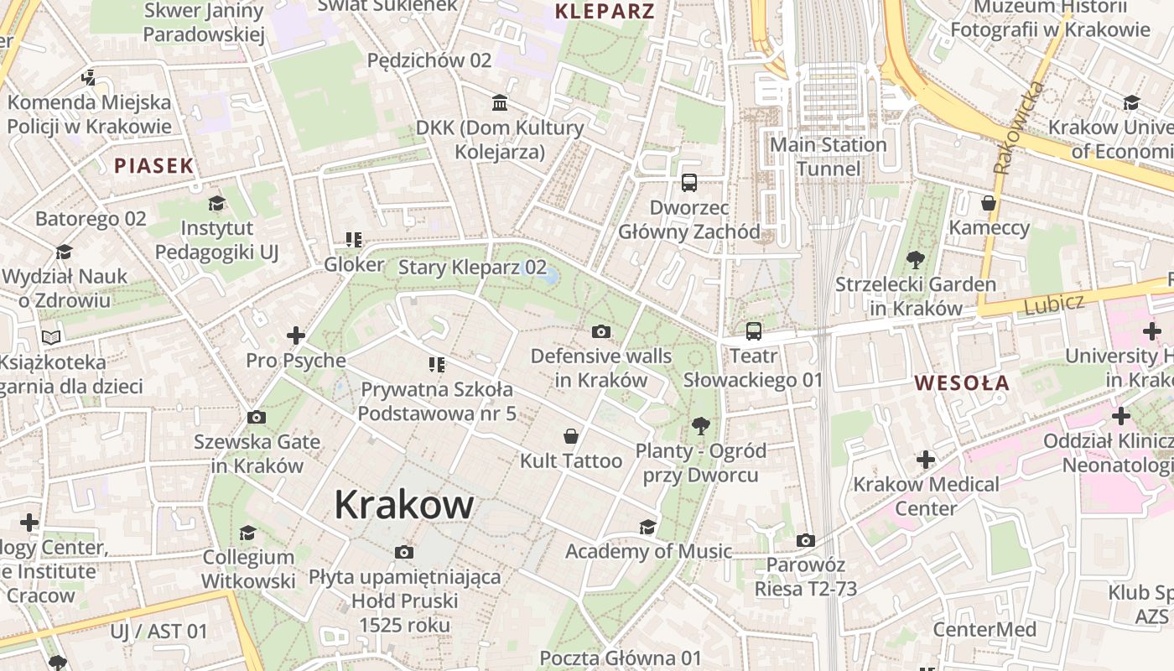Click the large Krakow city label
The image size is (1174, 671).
(404, 505)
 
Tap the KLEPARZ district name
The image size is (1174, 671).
(605, 11)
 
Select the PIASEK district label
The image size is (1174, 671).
(154, 165)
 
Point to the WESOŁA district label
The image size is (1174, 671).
(962, 383)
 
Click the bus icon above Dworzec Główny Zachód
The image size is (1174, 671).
(689, 182)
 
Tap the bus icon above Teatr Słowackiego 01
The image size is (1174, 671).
(754, 331)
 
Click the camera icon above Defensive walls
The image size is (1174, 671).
(601, 332)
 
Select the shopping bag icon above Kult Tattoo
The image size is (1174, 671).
(571, 436)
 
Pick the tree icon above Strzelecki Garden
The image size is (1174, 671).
(915, 260)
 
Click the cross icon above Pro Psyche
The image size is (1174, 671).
(296, 336)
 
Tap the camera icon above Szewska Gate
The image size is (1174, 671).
(257, 417)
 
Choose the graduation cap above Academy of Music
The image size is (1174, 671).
(647, 527)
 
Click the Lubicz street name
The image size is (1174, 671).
(1054, 303)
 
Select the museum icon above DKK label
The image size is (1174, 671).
(501, 103)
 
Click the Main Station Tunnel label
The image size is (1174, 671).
(829, 157)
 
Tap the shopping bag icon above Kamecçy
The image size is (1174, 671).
(989, 203)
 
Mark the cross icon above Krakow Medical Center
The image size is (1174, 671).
(926, 460)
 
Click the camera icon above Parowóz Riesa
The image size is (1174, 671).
(806, 541)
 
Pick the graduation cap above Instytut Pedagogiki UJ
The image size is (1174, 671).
(217, 203)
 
